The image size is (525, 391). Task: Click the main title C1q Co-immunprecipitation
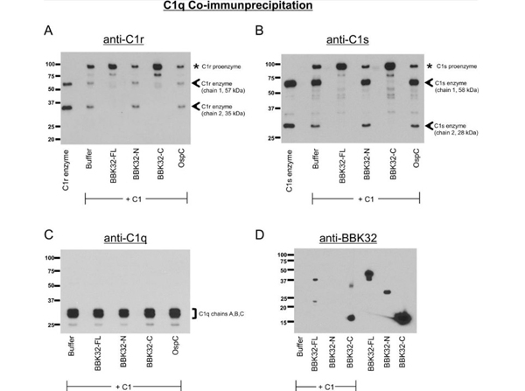pyautogui.click(x=262, y=8)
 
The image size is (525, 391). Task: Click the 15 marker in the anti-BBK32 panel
pyautogui.click(x=283, y=323)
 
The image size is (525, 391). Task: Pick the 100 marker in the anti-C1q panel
pyautogui.click(x=52, y=258)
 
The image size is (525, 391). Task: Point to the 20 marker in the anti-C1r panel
pyautogui.click(x=52, y=139)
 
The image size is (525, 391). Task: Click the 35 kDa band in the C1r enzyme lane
pyautogui.click(x=65, y=108)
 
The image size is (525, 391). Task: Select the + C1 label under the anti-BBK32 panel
pyautogui.click(x=325, y=384)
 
